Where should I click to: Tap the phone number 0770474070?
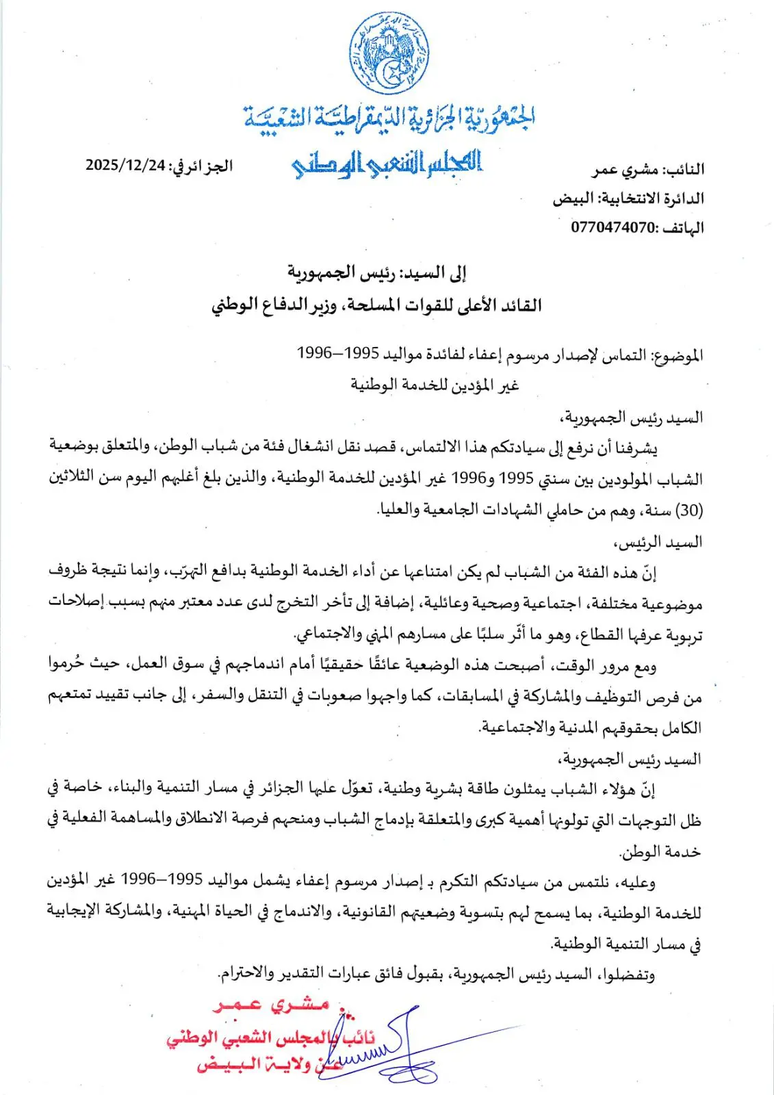pyautogui.click(x=613, y=227)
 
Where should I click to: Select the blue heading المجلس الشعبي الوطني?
pyautogui.click(x=387, y=164)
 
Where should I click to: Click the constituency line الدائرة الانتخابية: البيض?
pyautogui.click(x=628, y=198)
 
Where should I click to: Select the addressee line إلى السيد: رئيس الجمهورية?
pyautogui.click(x=376, y=273)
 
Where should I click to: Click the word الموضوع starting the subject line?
pyautogui.click(x=678, y=355)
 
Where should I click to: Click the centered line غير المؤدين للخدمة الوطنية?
pyautogui.click(x=435, y=385)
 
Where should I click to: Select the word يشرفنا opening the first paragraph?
pyautogui.click(x=635, y=448)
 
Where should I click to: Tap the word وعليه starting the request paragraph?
pyautogui.click(x=634, y=882)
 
